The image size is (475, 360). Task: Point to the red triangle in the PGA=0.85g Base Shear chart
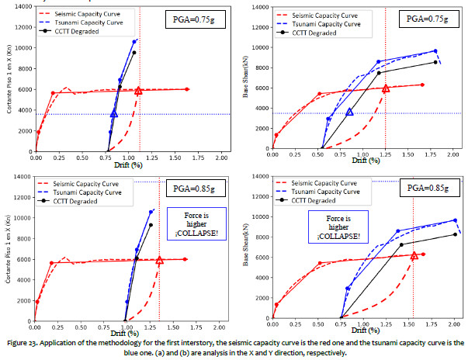click(414, 255)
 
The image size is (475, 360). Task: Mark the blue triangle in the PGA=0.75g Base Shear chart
click(350, 112)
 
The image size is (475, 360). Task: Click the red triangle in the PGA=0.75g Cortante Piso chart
click(138, 91)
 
